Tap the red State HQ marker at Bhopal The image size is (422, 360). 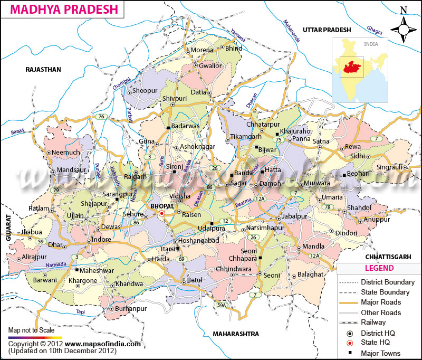coord(162,213)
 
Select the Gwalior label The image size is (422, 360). coord(211,66)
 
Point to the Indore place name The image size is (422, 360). coord(101,239)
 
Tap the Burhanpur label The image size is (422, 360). coord(129,308)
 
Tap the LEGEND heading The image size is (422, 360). coord(378,268)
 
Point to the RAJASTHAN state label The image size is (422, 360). coord(44,69)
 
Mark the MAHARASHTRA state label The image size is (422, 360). coord(235,334)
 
